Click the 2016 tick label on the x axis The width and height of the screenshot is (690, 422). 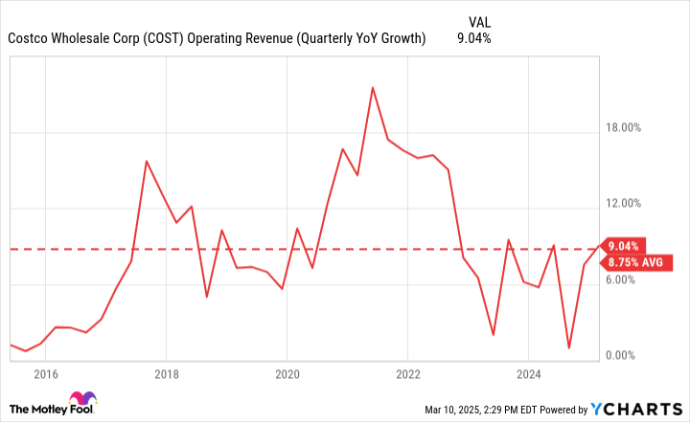[46, 373]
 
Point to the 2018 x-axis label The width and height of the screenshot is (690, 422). [167, 373]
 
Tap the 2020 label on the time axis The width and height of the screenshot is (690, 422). [287, 373]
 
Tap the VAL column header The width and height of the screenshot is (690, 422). [482, 21]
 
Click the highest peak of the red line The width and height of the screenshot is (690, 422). [373, 87]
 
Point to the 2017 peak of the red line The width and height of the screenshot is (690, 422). [147, 161]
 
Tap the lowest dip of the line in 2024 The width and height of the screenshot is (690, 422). [569, 348]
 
